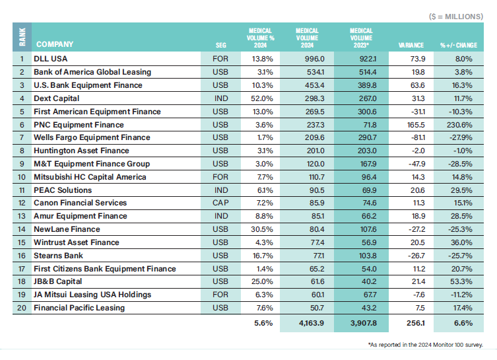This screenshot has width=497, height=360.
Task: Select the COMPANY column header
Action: pyautogui.click(x=55, y=45)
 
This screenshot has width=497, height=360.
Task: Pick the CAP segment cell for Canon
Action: pyautogui.click(x=220, y=203)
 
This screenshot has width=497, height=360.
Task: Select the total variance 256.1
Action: pyautogui.click(x=412, y=324)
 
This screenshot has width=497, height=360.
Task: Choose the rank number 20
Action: pyautogui.click(x=21, y=307)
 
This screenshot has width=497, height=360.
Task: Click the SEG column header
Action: pyautogui.click(x=220, y=45)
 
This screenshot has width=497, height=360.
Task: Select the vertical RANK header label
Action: pyautogui.click(x=21, y=38)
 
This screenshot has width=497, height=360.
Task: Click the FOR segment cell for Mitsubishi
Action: pyautogui.click(x=220, y=176)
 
